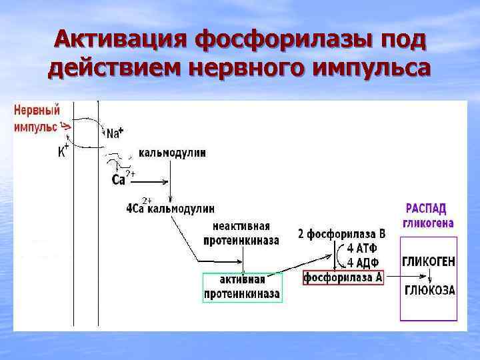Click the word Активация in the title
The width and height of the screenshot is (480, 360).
[119, 41]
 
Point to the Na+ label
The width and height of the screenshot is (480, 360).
[114, 133]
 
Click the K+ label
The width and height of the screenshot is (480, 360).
[63, 151]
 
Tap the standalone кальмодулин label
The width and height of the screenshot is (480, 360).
[172, 152]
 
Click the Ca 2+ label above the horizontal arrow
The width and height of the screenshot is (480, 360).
[122, 179]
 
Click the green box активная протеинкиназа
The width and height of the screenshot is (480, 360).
[243, 287]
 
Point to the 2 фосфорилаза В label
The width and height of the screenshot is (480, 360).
[341, 235]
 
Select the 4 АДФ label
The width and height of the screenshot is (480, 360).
[362, 263]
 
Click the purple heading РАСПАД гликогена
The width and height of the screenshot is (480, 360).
[428, 215]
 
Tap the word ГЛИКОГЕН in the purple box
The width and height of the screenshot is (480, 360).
[428, 262]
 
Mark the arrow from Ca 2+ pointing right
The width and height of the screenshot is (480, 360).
[153, 181]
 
